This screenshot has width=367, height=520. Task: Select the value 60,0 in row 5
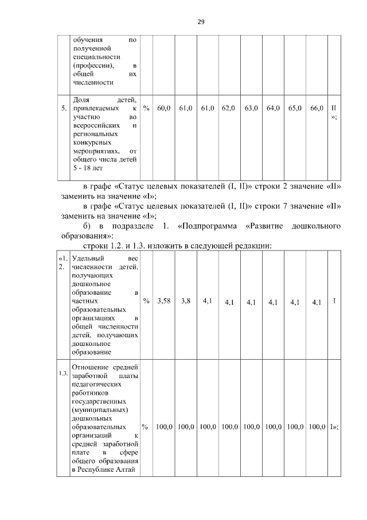coord(164,108)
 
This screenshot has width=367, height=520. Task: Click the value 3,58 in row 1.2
coord(164,301)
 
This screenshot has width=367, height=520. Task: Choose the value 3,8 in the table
coord(186,301)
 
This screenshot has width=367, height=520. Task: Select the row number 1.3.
coord(63,375)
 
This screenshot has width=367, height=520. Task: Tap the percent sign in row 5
coord(146,108)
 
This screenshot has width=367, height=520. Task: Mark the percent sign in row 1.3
coord(146,427)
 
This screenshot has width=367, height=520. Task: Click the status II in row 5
coord(334,108)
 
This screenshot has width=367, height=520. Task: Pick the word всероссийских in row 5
coord(95,125)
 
